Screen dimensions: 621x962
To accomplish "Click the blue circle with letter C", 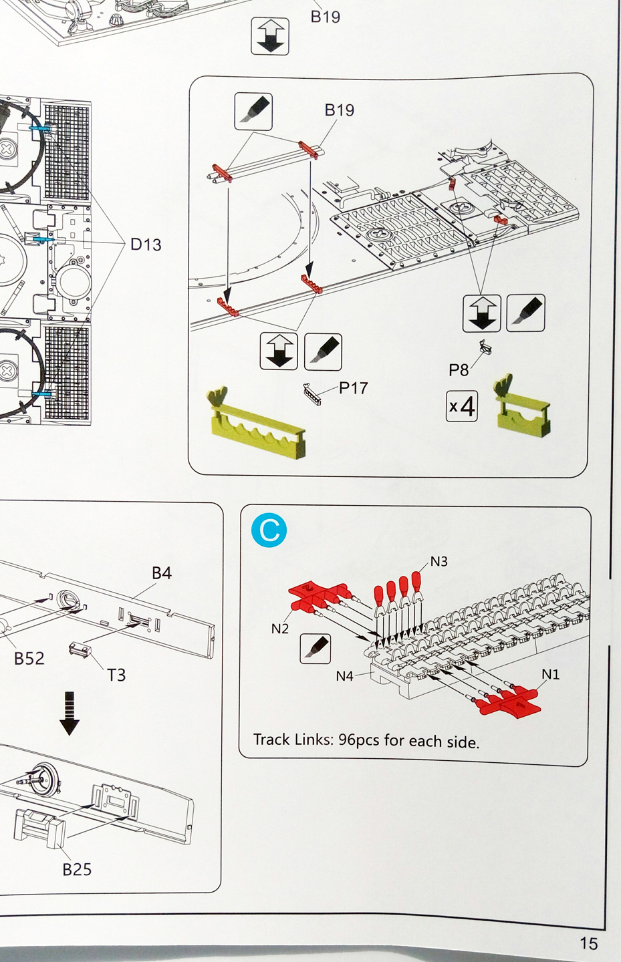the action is pos(269,530).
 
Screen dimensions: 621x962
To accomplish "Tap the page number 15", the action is pos(588,943).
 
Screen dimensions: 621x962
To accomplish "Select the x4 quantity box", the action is pos(462,406).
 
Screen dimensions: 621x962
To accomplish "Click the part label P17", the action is pos(353,388).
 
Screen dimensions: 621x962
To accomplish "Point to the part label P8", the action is pos(459,369).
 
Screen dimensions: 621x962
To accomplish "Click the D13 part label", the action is pos(146,245).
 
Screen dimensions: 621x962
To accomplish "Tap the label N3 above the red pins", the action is pos(439,562).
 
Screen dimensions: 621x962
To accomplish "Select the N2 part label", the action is pos(280,629).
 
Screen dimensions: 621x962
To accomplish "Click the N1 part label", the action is pos(550,675).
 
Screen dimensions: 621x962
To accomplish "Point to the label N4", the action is pos(344,676).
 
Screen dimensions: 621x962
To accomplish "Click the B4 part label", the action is pos(162,573).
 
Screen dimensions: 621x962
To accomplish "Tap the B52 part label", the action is pos(29,659).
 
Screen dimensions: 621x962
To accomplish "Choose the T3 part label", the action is pos(116,675).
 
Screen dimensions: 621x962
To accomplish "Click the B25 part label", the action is pos(77,869).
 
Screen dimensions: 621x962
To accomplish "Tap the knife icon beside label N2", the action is pos(316,647).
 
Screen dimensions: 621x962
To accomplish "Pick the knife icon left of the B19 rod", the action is pos(254,111).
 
